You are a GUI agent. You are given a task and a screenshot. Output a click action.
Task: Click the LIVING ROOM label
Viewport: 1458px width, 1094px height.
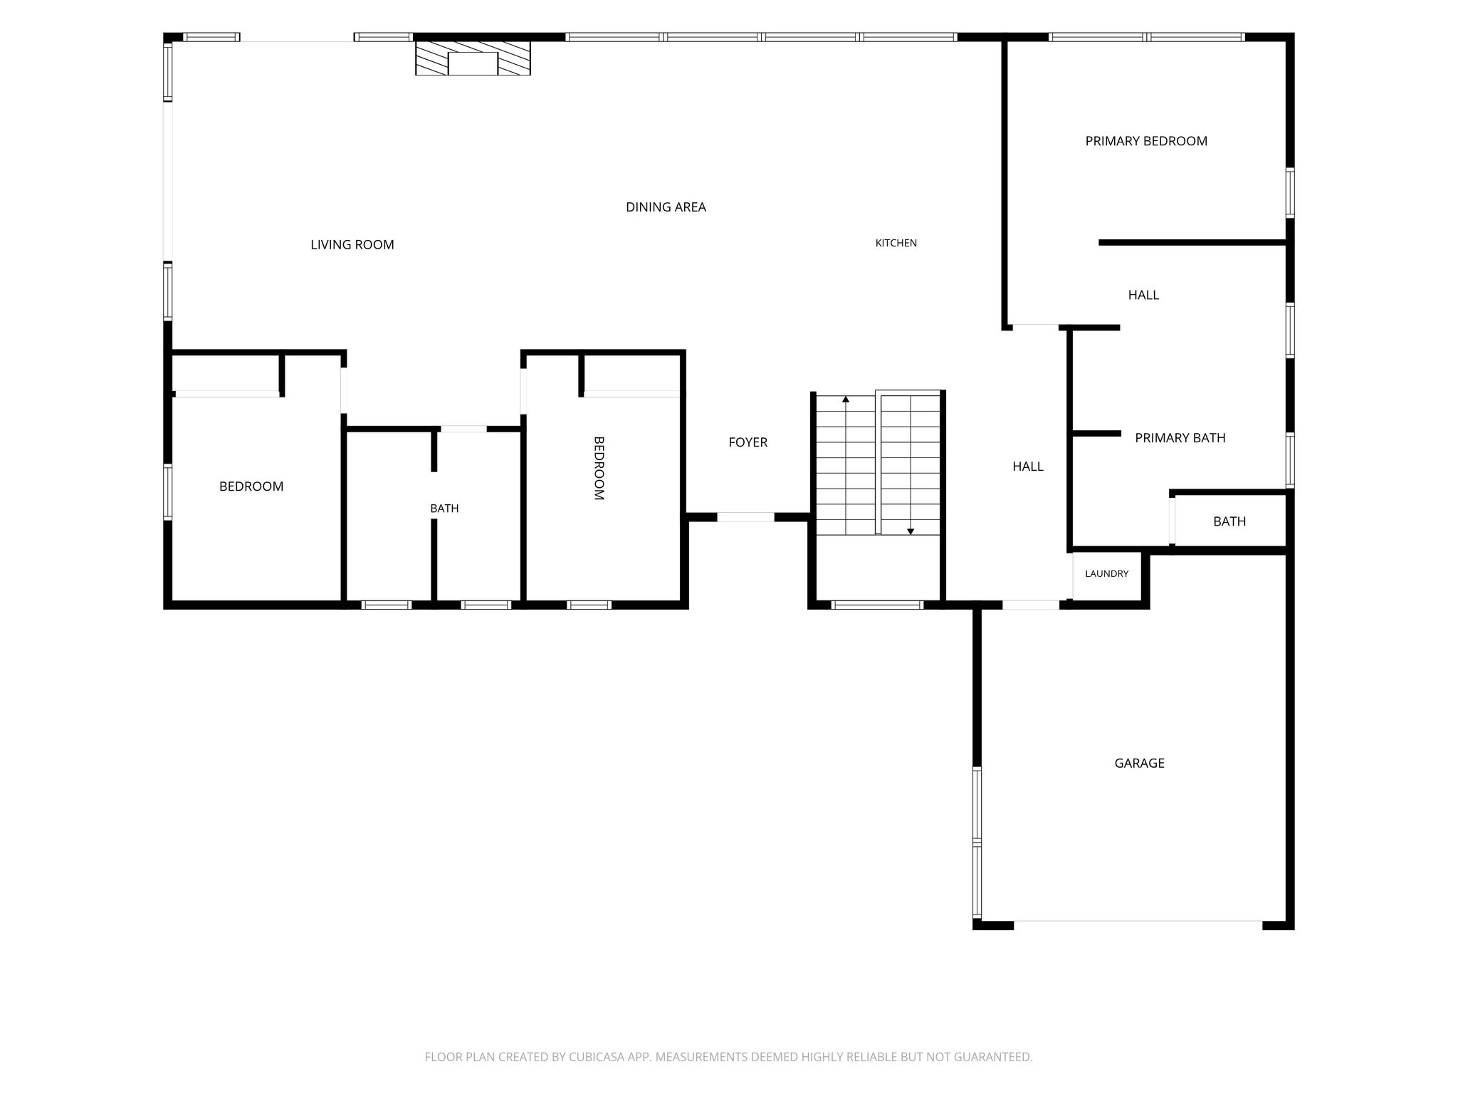point(352,245)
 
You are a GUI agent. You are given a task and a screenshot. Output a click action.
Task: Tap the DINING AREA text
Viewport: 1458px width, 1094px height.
point(666,207)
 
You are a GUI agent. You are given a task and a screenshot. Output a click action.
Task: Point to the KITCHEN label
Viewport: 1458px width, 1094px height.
point(896,243)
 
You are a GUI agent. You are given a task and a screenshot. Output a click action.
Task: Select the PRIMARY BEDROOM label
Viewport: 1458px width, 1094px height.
point(1146,141)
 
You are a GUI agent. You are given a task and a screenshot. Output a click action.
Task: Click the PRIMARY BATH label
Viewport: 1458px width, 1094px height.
point(1180,438)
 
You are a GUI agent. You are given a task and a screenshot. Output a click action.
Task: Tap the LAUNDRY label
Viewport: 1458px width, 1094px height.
point(1106,573)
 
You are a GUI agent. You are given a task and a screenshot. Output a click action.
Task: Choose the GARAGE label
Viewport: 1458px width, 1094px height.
point(1139,763)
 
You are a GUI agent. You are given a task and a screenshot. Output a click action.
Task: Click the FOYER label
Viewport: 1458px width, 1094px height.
point(748,442)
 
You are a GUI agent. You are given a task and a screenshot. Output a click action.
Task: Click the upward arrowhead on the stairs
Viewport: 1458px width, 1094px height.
point(846,400)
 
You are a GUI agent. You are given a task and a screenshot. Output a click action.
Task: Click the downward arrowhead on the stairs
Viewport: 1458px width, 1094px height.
point(911,531)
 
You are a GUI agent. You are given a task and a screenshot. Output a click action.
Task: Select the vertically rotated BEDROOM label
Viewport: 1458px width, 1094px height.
point(599,468)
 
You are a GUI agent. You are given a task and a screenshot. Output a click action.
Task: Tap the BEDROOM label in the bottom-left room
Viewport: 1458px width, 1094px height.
point(251,486)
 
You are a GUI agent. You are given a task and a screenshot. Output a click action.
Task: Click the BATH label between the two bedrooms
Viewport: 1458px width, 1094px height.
point(444,509)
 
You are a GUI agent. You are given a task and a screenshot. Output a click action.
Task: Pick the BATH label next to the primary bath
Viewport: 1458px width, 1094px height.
point(1229,521)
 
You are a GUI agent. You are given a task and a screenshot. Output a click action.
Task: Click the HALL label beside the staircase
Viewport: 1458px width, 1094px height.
point(1027,467)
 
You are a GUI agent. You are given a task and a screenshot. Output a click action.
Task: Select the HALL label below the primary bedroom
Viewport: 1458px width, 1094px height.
point(1143,295)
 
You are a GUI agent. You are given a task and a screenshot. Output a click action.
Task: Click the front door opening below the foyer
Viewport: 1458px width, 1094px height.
point(745,517)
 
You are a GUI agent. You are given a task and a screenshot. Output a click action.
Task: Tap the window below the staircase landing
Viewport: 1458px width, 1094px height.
point(877,605)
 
